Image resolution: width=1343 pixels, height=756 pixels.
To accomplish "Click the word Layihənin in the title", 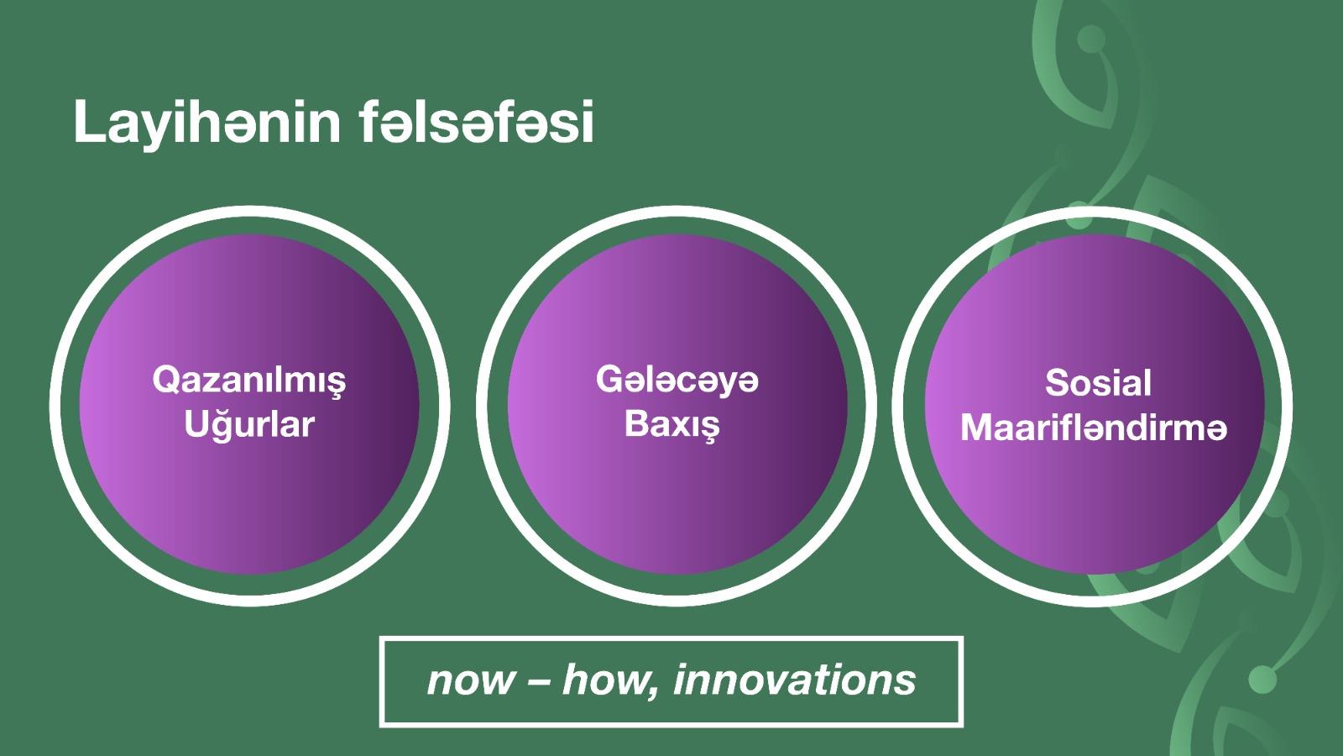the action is (x=206, y=123).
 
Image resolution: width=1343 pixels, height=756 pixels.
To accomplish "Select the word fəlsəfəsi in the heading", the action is (x=478, y=122).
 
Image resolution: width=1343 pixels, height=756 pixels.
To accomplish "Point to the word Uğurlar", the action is (x=249, y=424).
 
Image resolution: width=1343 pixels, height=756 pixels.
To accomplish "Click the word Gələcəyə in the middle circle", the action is (x=677, y=381).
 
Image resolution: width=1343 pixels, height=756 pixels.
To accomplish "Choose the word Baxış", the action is (x=672, y=424).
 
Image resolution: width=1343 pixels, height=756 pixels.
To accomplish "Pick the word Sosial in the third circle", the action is (x=1099, y=383).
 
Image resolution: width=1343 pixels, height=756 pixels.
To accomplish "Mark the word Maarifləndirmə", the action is (x=1095, y=428).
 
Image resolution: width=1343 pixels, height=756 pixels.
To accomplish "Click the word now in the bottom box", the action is (x=471, y=681).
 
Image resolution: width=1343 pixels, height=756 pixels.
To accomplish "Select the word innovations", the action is (x=795, y=680).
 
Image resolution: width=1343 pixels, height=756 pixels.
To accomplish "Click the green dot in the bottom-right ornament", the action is (x=1262, y=680).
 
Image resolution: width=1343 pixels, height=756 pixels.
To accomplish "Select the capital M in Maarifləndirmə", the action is (x=977, y=428).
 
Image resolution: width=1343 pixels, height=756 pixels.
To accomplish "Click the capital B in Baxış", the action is (x=637, y=423).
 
